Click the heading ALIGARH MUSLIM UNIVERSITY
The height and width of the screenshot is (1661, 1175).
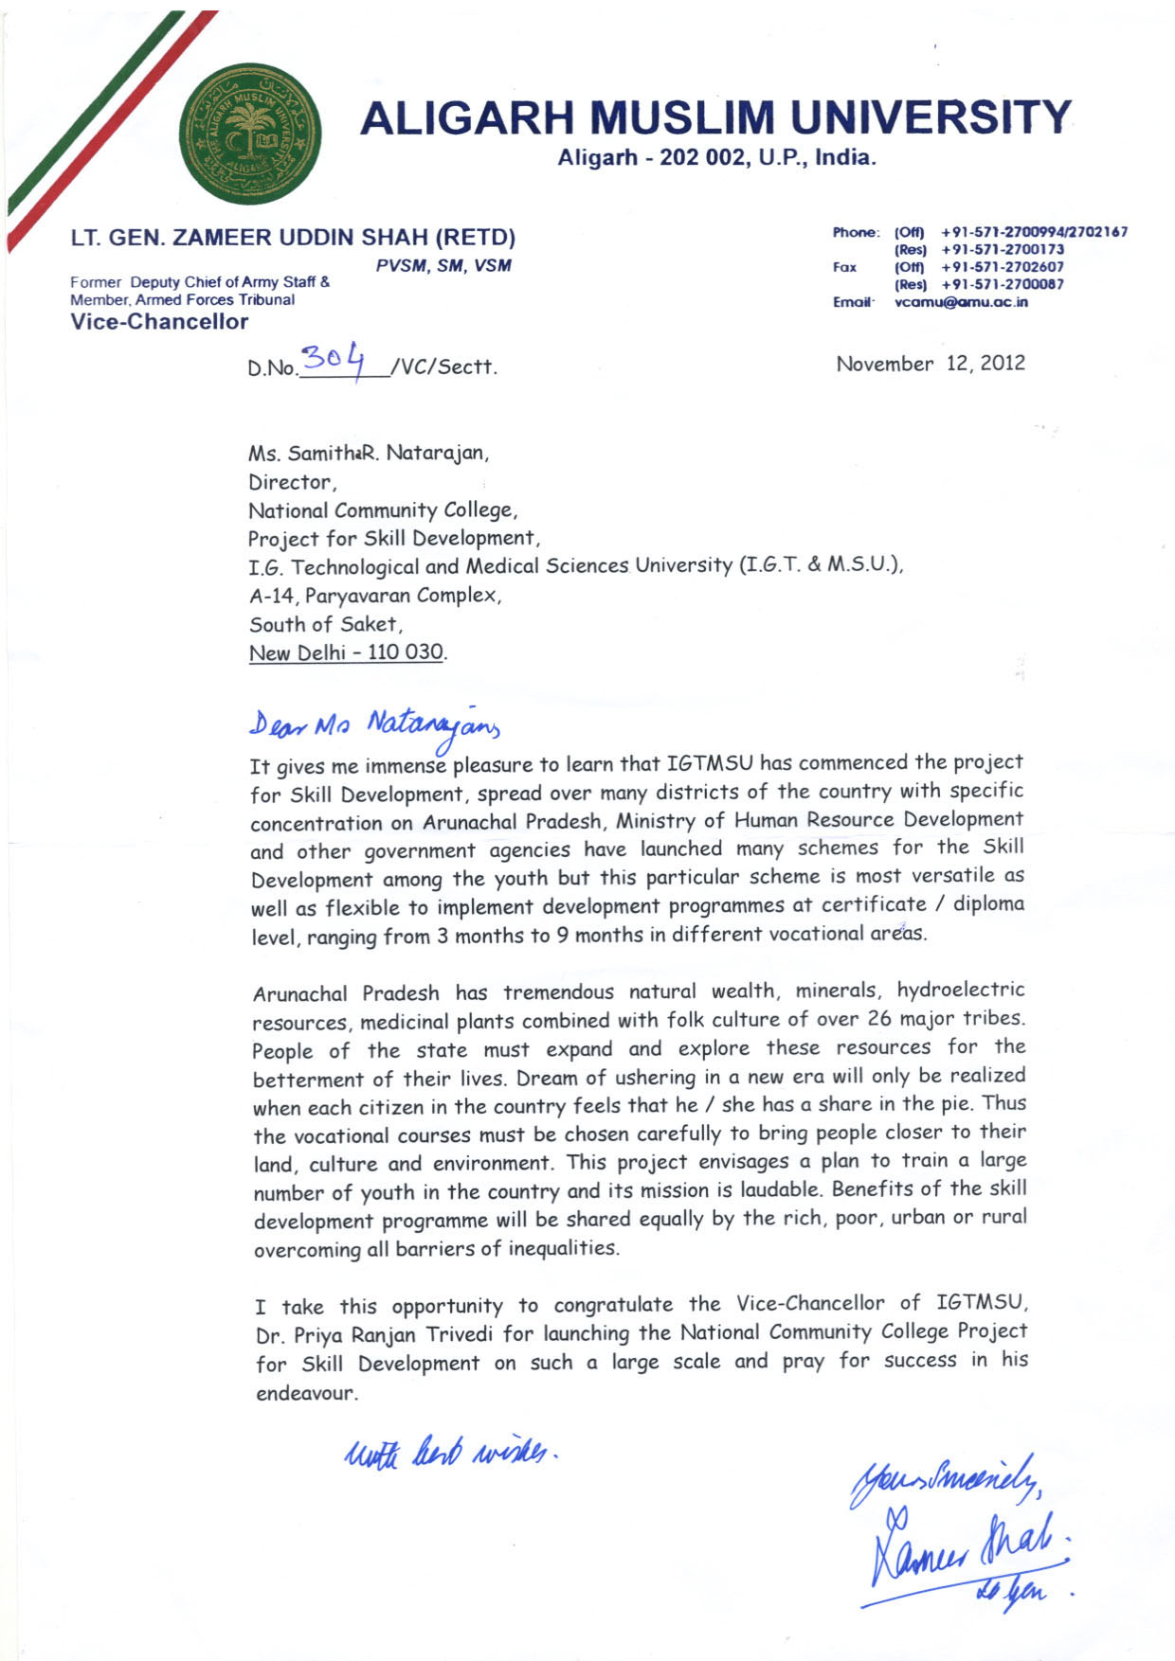tap(715, 117)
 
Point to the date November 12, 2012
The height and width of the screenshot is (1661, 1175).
tap(930, 364)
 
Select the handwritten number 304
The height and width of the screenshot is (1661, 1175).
tap(333, 361)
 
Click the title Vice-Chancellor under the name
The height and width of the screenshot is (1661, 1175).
tap(159, 322)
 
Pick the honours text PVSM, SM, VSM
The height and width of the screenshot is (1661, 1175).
tap(443, 266)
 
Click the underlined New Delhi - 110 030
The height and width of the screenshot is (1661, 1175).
tap(347, 652)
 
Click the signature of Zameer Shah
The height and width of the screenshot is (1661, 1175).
tap(967, 1553)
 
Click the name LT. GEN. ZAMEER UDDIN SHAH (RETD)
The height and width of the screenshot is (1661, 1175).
tap(293, 237)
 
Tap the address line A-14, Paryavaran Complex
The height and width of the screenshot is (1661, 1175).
tap(375, 596)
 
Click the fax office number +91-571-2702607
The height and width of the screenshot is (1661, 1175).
tap(1003, 267)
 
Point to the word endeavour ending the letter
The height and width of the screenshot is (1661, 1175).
tap(306, 1394)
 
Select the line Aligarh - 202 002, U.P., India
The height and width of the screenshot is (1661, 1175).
tap(716, 158)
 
